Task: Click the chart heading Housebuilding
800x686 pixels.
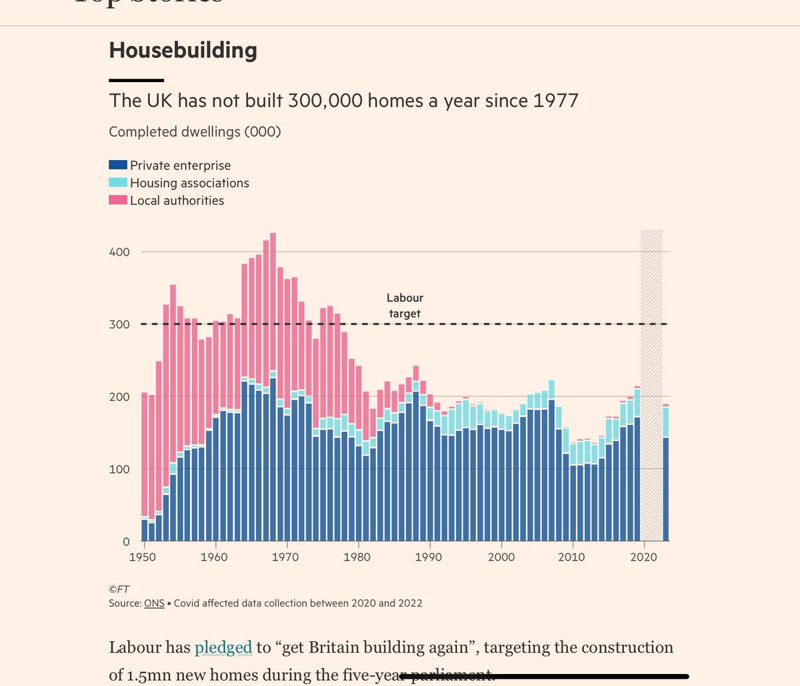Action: (183, 50)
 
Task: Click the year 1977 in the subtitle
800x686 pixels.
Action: (556, 101)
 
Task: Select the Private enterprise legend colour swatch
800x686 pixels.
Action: (118, 165)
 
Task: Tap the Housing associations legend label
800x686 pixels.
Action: (189, 183)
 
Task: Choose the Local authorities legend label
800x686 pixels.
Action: (177, 200)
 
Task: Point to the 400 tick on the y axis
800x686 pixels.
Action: (119, 252)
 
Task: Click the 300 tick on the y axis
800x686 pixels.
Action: (119, 324)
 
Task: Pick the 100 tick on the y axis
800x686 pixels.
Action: (119, 469)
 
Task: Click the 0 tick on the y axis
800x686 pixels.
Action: (125, 541)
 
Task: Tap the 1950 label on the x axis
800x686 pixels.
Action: (143, 557)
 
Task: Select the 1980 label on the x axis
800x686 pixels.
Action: (358, 557)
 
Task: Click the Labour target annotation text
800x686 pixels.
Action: (405, 306)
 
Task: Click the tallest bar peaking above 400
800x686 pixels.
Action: (273, 387)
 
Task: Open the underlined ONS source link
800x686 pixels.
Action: (154, 603)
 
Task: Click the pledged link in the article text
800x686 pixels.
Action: (223, 647)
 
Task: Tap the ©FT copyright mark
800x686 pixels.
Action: (119, 589)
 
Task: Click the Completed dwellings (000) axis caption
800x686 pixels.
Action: (195, 131)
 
